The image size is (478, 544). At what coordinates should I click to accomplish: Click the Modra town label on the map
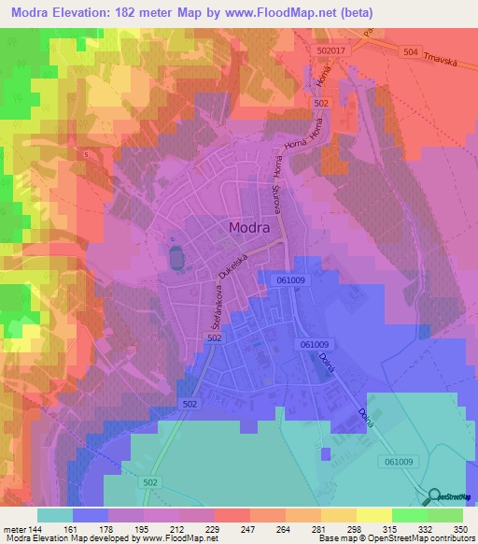click(x=249, y=227)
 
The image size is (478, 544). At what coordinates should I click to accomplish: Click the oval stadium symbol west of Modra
click(x=175, y=256)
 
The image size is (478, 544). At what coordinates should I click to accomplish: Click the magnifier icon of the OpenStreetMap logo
click(x=433, y=497)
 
